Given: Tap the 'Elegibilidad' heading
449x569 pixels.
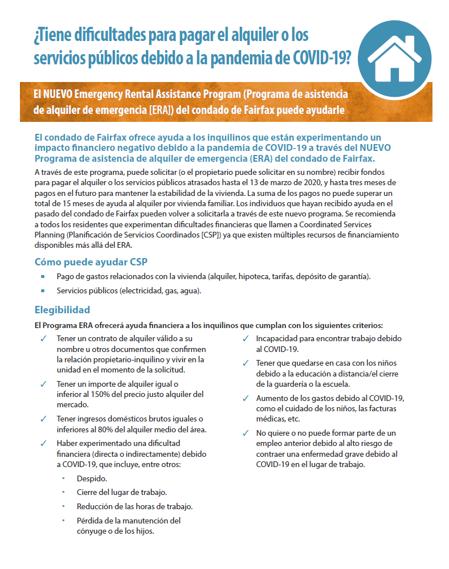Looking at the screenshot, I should tap(62, 310).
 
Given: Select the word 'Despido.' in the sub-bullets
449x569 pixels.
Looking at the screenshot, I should tap(92, 478).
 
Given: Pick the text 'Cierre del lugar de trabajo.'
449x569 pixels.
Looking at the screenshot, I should tap(122, 492).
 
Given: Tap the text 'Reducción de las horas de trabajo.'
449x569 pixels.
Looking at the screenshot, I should tap(134, 506).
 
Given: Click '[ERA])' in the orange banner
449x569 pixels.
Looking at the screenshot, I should tap(161, 109).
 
